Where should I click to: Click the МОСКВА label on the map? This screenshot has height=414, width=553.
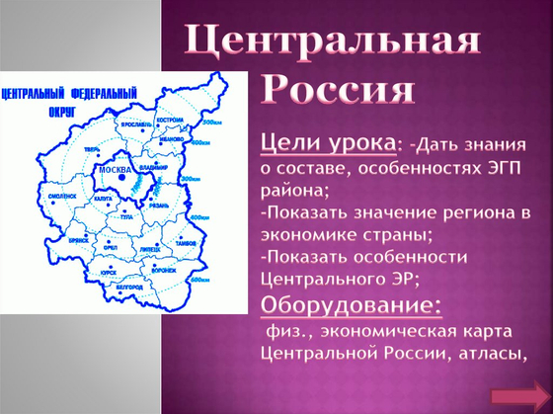point(115,170)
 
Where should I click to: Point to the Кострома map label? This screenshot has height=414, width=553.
point(170,119)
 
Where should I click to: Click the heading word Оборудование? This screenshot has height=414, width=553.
point(350,302)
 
